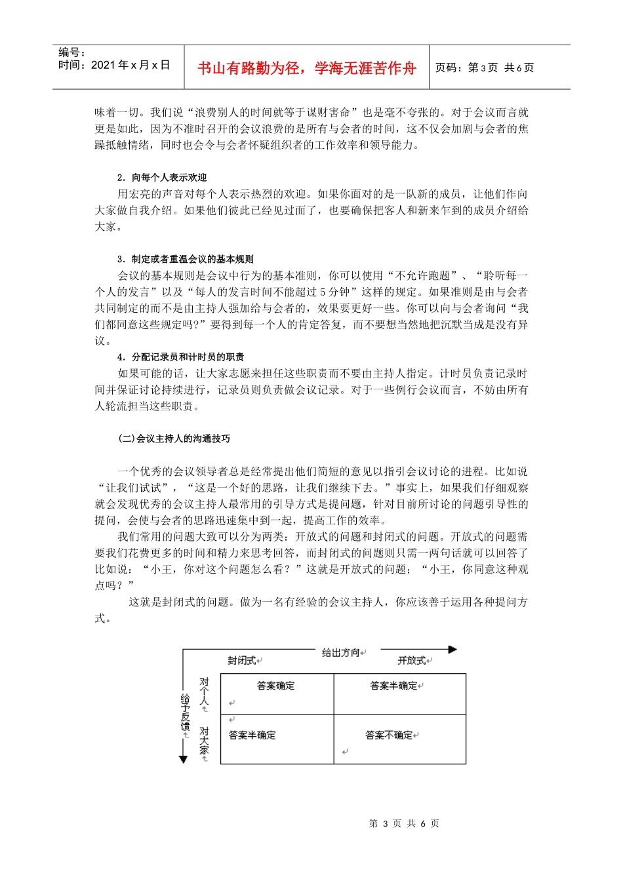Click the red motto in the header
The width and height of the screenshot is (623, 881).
tap(306, 68)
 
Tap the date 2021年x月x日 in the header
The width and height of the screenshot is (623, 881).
tap(114, 65)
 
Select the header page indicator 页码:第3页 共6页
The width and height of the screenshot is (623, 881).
tap(485, 68)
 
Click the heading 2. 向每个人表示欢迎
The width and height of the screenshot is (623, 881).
tap(162, 178)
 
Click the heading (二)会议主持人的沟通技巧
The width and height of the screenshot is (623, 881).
tap(174, 439)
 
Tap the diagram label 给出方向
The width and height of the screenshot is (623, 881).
tap(341, 652)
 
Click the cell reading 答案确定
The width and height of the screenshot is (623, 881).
tap(275, 686)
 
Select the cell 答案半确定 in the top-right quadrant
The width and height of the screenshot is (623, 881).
tap(394, 686)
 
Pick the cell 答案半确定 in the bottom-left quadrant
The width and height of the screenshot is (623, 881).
tap(252, 735)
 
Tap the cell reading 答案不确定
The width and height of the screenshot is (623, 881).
tap(390, 735)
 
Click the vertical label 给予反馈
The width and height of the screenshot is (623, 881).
tap(185, 714)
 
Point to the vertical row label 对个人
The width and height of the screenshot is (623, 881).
tap(204, 694)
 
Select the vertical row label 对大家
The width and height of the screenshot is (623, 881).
tap(204, 741)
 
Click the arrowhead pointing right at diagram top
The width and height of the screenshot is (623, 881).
tap(452, 650)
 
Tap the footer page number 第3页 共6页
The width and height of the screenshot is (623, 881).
tap(404, 824)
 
